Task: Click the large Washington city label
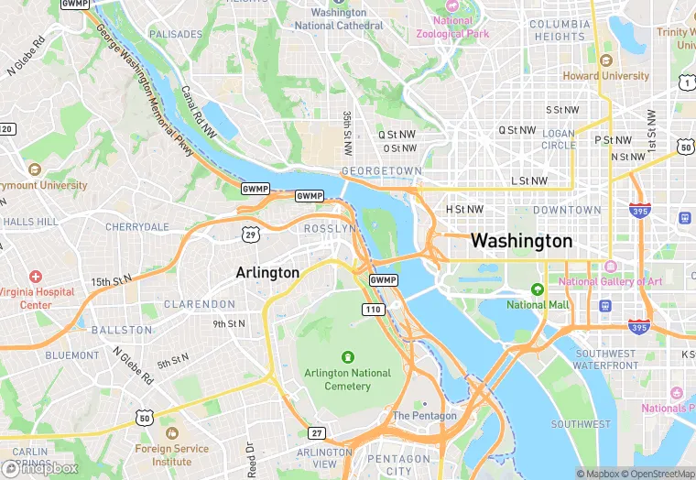521,241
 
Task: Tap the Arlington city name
267,273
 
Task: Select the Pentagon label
424,415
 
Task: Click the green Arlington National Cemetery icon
347,356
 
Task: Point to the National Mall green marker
538,289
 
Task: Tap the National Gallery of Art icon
609,266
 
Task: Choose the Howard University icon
605,60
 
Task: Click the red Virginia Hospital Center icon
36,277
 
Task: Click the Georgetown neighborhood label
381,171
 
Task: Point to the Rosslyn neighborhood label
329,228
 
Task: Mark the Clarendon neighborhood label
200,304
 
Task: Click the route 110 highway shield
373,311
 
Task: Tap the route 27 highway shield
317,432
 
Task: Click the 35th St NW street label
347,133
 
